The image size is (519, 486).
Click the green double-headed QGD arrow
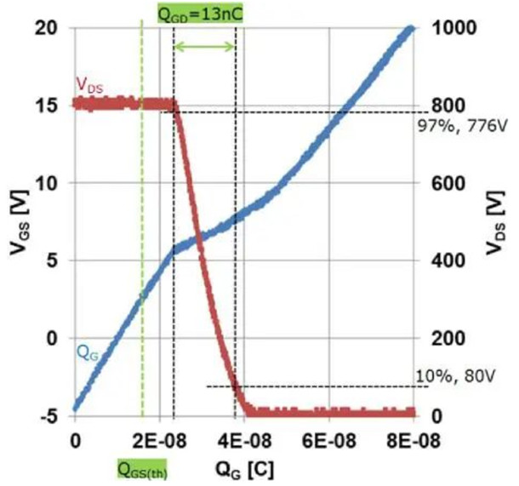[204, 46]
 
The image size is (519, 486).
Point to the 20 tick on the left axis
[50, 28]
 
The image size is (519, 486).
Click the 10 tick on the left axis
[50, 183]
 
